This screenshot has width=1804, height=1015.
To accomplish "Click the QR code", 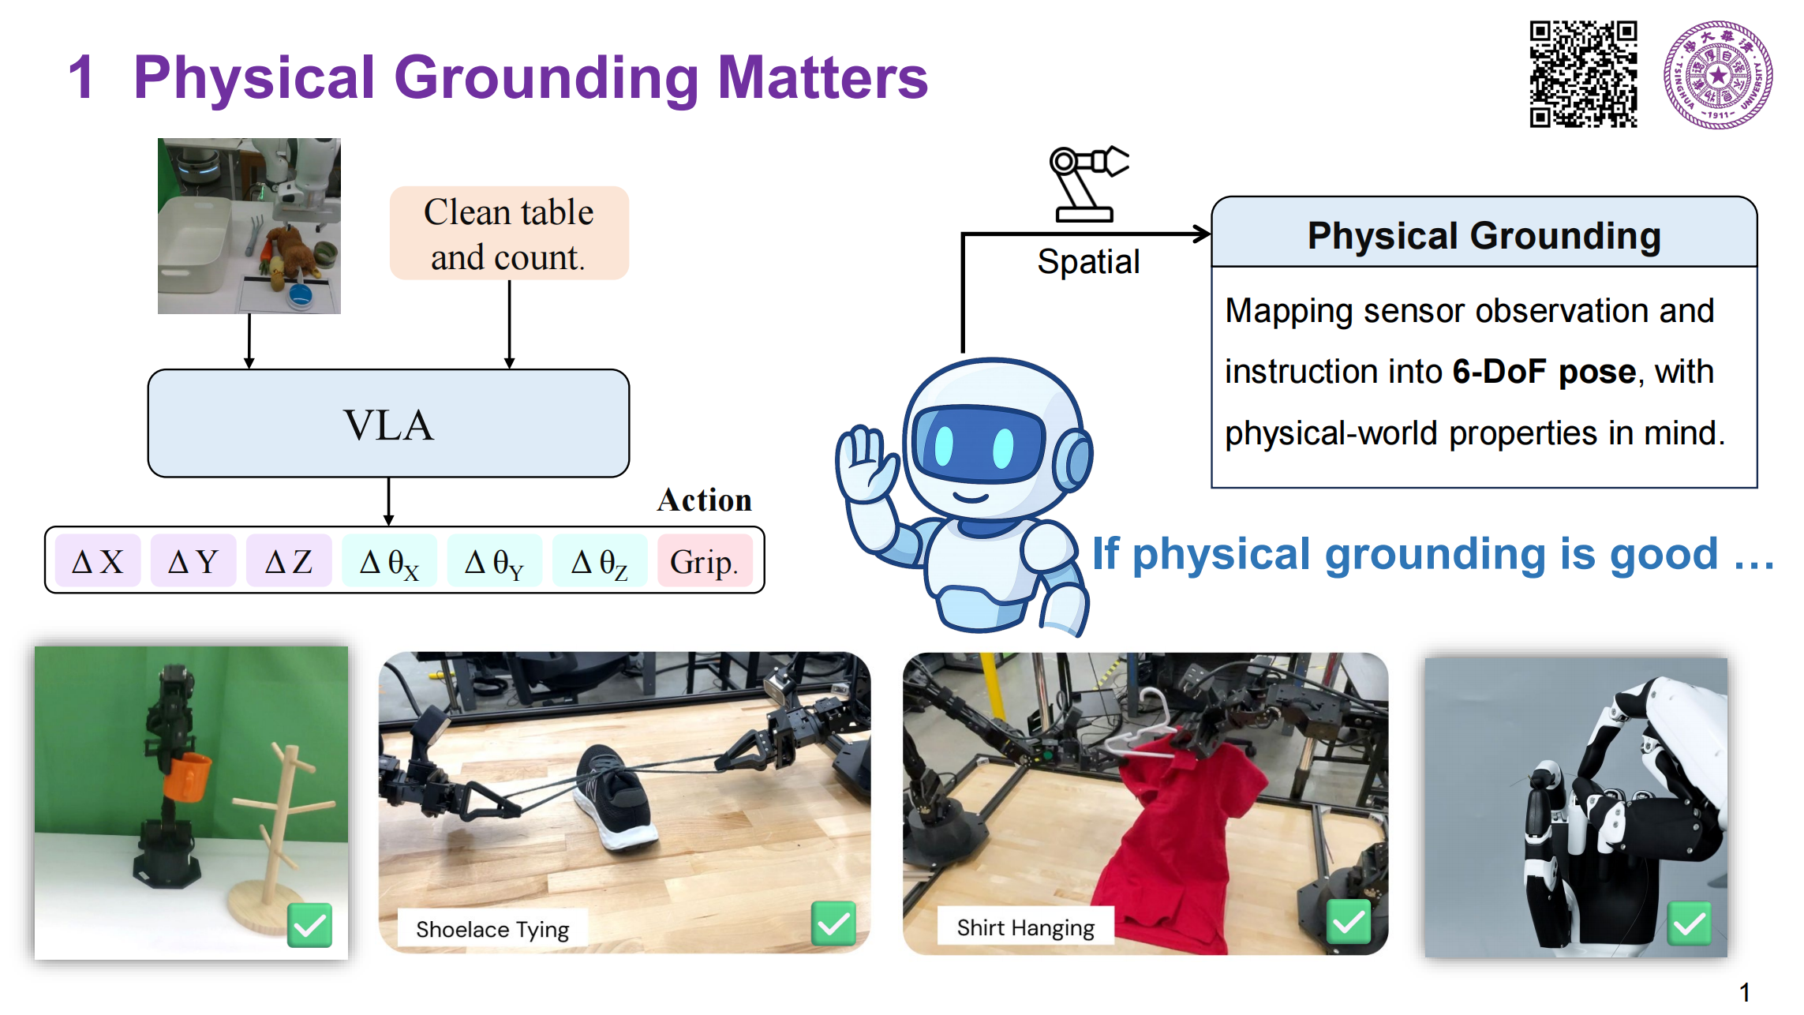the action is pyautogui.click(x=1583, y=74).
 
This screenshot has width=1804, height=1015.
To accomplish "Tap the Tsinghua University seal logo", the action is pyautogui.click(x=1718, y=75).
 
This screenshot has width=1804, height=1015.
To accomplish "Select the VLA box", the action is pyautogui.click(x=388, y=424).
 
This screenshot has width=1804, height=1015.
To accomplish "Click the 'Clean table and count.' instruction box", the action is pyautogui.click(x=509, y=234).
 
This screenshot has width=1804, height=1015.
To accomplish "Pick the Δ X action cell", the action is pyautogui.click(x=98, y=561).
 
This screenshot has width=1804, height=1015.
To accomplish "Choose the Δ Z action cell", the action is pyautogui.click(x=289, y=561).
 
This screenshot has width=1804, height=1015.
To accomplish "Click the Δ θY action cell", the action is pyautogui.click(x=495, y=561).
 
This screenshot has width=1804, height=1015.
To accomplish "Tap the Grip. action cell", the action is pyautogui.click(x=704, y=561).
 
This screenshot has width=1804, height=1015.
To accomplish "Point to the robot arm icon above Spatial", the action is pyautogui.click(x=1088, y=183).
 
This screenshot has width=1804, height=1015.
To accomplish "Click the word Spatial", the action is pyautogui.click(x=1088, y=261).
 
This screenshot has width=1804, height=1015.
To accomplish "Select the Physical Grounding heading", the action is pyautogui.click(x=1484, y=235).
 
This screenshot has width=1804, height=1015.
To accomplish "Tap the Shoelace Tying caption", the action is pyautogui.click(x=492, y=929).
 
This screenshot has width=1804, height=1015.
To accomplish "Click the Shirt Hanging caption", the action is pyautogui.click(x=1025, y=927).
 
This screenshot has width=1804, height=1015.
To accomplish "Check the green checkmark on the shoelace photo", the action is pyautogui.click(x=833, y=923).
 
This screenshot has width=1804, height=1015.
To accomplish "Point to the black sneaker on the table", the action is pyautogui.click(x=615, y=798).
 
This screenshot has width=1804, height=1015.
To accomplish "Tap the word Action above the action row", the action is pyautogui.click(x=704, y=500).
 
